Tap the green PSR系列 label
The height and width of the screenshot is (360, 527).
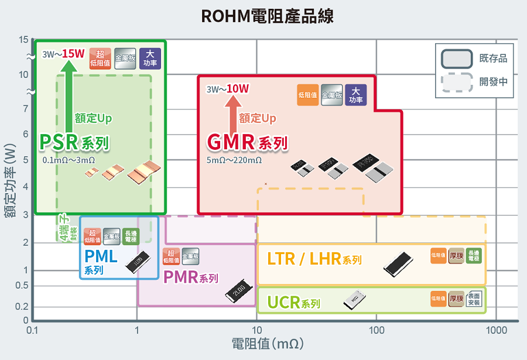74,142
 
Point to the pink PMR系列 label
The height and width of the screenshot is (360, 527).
190,277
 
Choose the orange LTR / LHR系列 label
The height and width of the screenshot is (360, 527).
314,259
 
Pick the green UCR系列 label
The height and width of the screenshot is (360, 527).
293,303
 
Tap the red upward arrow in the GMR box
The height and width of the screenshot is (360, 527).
231,115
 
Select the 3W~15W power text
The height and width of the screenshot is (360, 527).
63,54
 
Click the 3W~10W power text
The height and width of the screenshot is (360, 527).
228,89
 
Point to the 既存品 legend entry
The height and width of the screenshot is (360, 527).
474,59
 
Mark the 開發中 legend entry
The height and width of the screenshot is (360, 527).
474,82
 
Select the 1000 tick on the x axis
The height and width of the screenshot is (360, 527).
497,330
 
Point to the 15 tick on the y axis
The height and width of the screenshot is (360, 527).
23,40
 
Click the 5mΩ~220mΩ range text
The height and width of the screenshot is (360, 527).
234,160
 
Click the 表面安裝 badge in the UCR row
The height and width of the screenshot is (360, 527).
474,300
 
